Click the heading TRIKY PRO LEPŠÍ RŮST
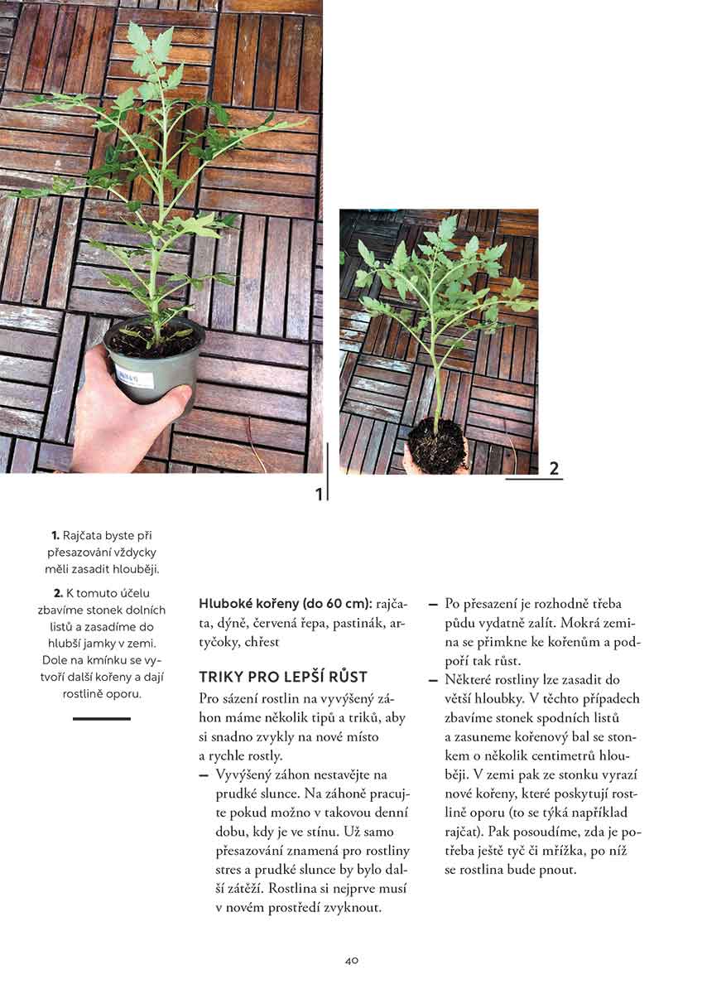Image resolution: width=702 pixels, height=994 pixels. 282,677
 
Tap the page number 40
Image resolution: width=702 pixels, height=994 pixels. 351,961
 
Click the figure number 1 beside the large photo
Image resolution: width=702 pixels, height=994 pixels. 319,495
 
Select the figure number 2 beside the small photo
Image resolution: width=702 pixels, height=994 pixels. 554,469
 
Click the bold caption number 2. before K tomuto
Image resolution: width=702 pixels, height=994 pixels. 58,594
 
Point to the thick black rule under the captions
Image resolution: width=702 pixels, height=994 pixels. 102,718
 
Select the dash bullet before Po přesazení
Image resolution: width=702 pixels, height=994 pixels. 433,604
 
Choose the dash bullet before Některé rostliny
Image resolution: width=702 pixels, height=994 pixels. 433,680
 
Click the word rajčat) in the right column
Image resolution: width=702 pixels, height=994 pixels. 464,832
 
